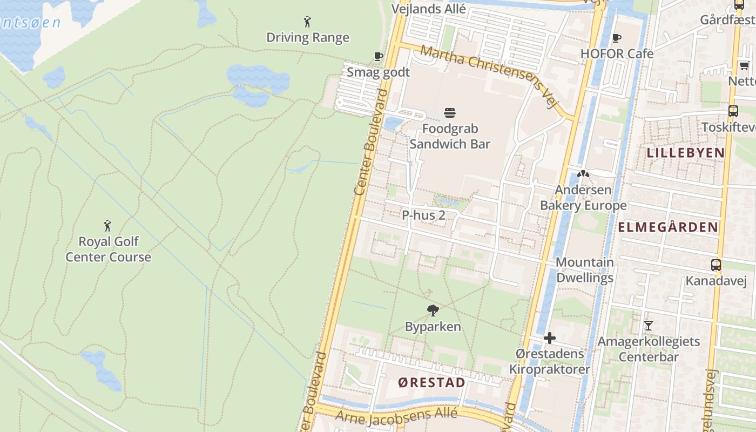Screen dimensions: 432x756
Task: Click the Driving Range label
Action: pyautogui.click(x=308, y=38)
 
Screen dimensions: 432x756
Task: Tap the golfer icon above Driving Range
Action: pyautogui.click(x=307, y=22)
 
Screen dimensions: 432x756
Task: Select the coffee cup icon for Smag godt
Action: pyautogui.click(x=379, y=56)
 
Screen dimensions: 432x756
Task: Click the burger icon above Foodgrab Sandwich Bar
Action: pyautogui.click(x=450, y=112)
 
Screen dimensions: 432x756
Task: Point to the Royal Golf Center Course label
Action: pyautogui.click(x=108, y=249)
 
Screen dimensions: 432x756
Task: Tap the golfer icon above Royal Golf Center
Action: pyautogui.click(x=107, y=225)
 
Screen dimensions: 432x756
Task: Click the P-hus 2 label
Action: pyautogui.click(x=423, y=215)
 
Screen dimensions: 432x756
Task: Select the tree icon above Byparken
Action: pyautogui.click(x=433, y=310)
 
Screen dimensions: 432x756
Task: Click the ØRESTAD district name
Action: pyautogui.click(x=431, y=383)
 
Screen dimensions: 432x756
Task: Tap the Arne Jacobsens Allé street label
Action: pyautogui.click(x=396, y=415)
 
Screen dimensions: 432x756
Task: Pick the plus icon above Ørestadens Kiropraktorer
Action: pyautogui.click(x=550, y=338)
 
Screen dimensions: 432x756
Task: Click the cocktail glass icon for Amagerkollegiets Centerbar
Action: pyautogui.click(x=648, y=325)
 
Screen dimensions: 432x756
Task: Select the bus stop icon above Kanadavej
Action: pyautogui.click(x=716, y=265)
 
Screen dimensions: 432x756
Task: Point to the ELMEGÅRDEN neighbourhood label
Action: pyautogui.click(x=667, y=227)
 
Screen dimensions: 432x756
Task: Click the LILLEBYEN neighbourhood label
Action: pyautogui.click(x=686, y=153)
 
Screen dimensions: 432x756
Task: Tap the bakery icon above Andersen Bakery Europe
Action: pyautogui.click(x=583, y=174)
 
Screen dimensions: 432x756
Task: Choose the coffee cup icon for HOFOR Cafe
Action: pyautogui.click(x=617, y=38)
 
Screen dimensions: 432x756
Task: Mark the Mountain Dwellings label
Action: pyautogui.click(x=585, y=270)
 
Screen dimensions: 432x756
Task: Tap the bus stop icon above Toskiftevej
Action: pyautogui.click(x=733, y=111)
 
